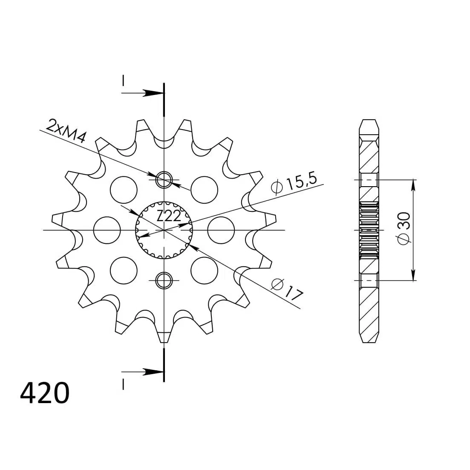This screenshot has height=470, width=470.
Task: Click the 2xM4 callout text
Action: click(x=66, y=130)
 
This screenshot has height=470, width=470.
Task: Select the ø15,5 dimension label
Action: click(x=294, y=183)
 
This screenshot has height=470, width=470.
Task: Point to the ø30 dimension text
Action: click(x=404, y=228)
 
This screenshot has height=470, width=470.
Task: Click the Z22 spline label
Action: click(x=169, y=216)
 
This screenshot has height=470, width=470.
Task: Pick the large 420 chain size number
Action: click(x=45, y=393)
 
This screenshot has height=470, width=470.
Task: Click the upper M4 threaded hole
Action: click(x=164, y=180)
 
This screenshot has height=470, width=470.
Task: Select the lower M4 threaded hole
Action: click(x=164, y=280)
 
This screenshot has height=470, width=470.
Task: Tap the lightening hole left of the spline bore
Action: click(x=107, y=230)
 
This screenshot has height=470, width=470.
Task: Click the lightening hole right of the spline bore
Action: click(x=221, y=230)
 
